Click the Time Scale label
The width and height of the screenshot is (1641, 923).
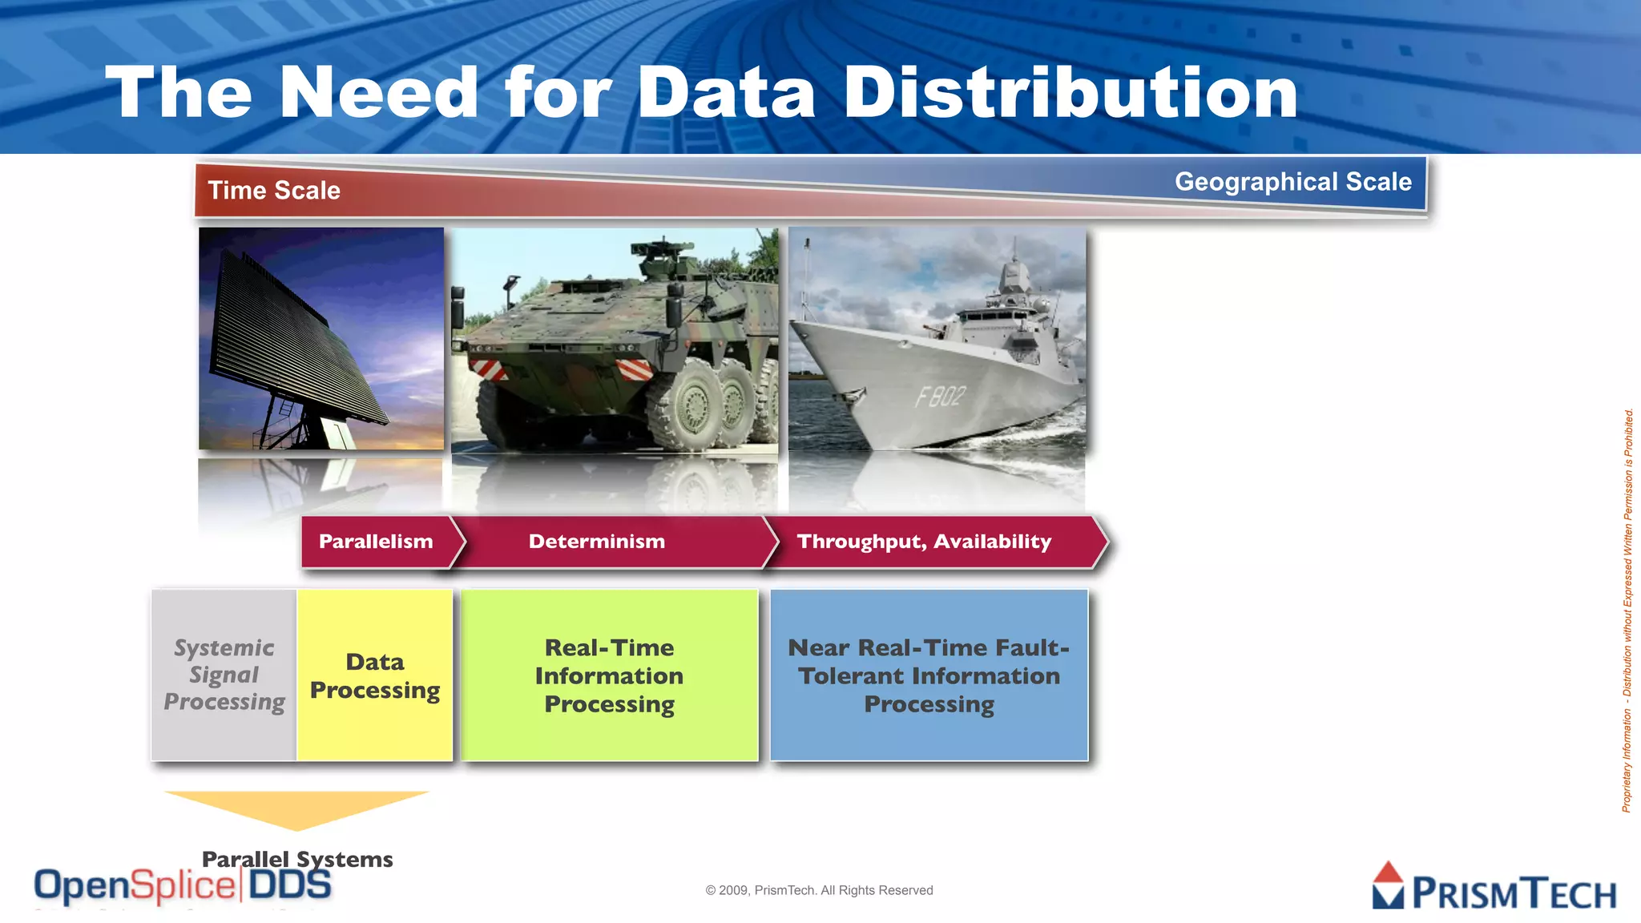[x=274, y=191]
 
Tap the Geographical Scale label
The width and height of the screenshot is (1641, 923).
[x=1292, y=182]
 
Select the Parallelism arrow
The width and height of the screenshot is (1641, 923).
[x=376, y=542]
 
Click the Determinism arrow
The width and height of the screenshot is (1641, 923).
[x=597, y=542]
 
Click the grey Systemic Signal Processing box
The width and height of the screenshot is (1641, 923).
[x=224, y=675]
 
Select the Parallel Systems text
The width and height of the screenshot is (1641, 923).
[x=297, y=859]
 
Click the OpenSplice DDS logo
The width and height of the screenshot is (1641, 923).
[x=183, y=886]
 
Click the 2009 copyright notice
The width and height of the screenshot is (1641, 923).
[x=819, y=890]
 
